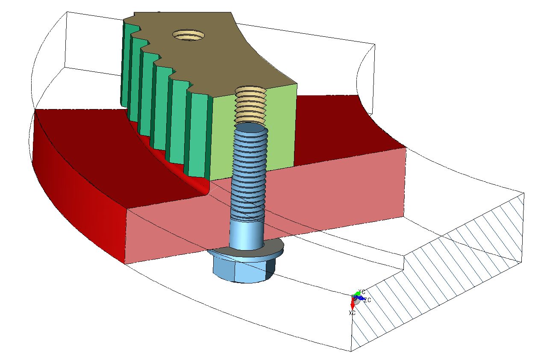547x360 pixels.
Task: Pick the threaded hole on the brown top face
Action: click(x=188, y=35)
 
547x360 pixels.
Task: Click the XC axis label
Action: click(x=352, y=313)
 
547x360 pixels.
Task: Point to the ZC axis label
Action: click(x=367, y=300)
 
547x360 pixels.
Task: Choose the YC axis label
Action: click(x=362, y=292)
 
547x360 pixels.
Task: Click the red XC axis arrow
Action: click(x=353, y=304)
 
